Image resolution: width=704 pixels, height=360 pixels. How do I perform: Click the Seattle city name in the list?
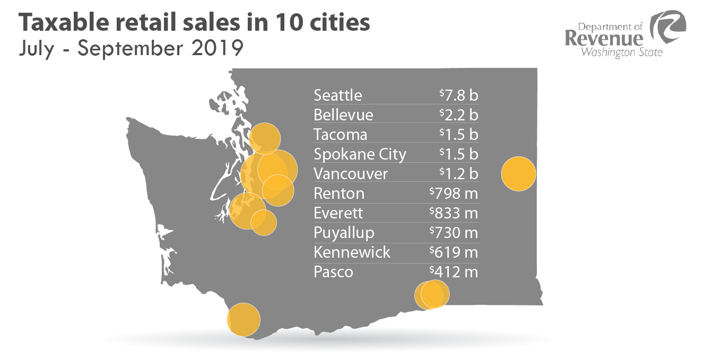coord(338,95)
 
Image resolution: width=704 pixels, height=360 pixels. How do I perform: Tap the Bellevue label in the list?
coord(343,115)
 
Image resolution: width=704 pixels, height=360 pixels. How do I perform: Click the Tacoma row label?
coord(340,135)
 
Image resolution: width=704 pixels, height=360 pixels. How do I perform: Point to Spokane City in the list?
coord(360,155)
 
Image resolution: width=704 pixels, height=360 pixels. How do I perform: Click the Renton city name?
coord(339,194)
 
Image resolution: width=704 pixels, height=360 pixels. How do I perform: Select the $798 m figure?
coord(454,194)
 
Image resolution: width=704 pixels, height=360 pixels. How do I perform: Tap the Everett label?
coord(338,213)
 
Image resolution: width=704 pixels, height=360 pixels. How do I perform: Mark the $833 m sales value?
coord(454,213)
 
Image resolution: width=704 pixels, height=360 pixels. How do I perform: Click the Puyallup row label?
coord(344,233)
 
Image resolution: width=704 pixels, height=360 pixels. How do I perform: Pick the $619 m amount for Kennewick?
coord(454,252)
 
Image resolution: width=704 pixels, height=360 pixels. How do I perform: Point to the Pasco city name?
coord(333,272)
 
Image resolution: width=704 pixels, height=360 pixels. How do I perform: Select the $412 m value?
coord(454,272)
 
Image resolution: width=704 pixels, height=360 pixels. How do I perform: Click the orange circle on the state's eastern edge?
coord(518,174)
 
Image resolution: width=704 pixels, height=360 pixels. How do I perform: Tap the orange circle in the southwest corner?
coord(244,320)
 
